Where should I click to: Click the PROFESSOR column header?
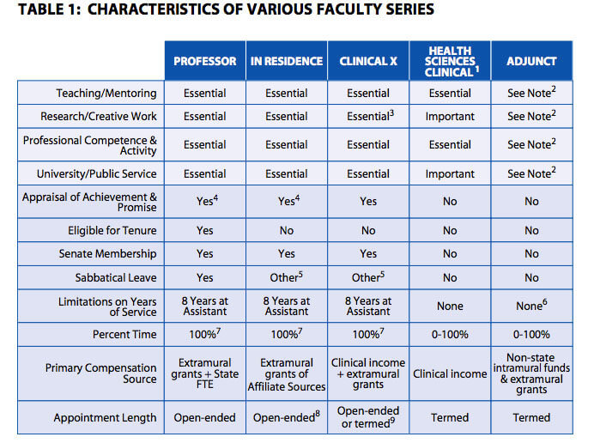204,62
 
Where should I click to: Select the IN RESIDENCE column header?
286,62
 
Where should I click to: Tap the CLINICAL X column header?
367,62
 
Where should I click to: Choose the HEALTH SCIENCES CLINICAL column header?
450,61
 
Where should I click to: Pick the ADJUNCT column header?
531,62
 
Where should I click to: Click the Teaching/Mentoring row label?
106,93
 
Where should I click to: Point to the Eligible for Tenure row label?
112,230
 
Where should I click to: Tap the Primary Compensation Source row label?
101,373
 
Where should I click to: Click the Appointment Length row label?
105,418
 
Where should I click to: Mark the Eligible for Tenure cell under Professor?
204,230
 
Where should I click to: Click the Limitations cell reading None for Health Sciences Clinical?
450,306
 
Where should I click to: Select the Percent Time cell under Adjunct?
531,335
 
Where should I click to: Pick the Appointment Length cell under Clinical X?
367,417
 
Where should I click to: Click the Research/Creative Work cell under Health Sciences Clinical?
450,116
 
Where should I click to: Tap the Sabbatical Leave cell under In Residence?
286,278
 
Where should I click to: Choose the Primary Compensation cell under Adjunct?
531,373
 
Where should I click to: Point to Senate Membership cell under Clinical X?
367,254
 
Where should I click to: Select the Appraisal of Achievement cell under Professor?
204,202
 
